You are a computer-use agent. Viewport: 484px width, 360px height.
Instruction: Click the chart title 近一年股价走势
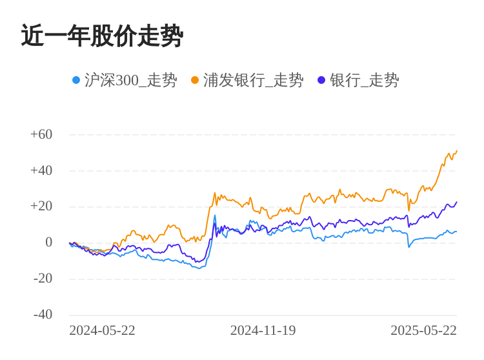pyautogui.click(x=102, y=36)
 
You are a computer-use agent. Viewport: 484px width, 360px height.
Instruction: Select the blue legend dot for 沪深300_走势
pyautogui.click(x=76, y=81)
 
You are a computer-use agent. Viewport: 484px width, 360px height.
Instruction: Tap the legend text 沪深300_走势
pyautogui.click(x=130, y=81)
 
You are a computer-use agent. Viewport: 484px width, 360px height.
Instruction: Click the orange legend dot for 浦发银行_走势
pyautogui.click(x=195, y=81)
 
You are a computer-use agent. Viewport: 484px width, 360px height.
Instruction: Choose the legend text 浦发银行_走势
pyautogui.click(x=253, y=81)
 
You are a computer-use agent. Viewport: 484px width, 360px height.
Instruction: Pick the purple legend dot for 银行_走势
pyautogui.click(x=321, y=81)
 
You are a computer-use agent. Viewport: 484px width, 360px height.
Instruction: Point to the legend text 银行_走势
pyautogui.click(x=364, y=81)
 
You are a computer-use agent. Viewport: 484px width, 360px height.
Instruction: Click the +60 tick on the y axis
pyautogui.click(x=41, y=135)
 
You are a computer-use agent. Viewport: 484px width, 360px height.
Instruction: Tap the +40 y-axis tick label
pyautogui.click(x=41, y=171)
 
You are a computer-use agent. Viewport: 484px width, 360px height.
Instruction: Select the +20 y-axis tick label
pyautogui.click(x=41, y=206)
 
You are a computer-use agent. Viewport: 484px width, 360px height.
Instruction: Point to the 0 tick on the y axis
pyautogui.click(x=48, y=243)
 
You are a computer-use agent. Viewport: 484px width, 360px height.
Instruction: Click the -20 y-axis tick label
pyautogui.click(x=43, y=279)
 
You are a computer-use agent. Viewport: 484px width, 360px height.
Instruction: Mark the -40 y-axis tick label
pyautogui.click(x=43, y=315)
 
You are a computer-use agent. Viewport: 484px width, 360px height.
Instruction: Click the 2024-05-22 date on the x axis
pyautogui.click(x=102, y=330)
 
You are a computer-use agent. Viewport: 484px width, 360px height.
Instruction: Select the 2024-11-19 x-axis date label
pyautogui.click(x=263, y=330)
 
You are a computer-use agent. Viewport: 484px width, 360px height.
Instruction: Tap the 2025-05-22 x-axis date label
pyautogui.click(x=423, y=330)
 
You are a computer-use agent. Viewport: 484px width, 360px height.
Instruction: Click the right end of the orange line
pyautogui.click(x=456, y=152)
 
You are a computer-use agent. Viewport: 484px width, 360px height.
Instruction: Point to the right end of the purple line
pyautogui.click(x=456, y=202)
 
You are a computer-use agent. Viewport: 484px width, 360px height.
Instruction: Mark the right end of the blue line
pyautogui.click(x=456, y=231)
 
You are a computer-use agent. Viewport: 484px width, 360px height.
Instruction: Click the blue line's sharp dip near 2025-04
pyautogui.click(x=408, y=246)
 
